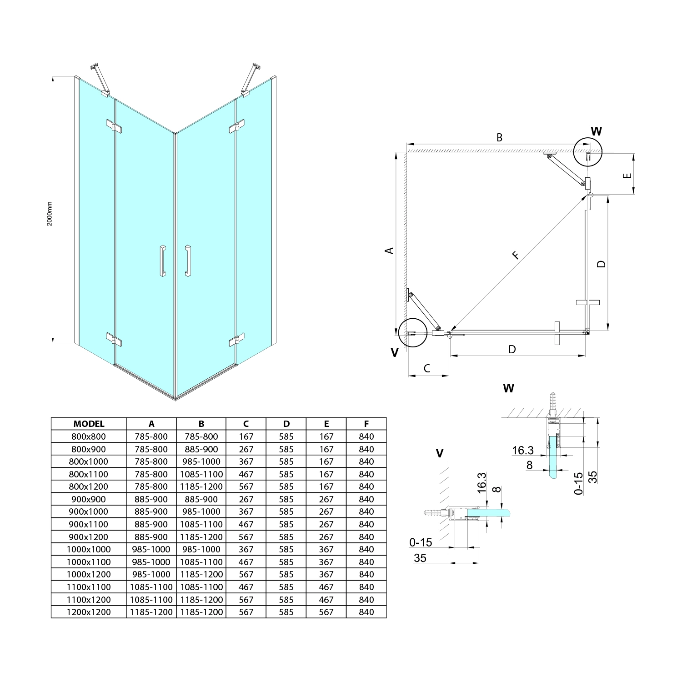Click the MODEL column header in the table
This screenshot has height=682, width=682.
pos(89,424)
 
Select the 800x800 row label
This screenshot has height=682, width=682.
pos(89,436)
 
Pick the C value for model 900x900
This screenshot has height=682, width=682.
pos(246,499)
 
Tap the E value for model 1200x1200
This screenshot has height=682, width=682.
pos(326,612)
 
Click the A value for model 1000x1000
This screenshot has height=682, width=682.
pos(151,549)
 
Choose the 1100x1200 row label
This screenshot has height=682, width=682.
pos(89,599)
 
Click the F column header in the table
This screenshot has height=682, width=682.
pos(366,424)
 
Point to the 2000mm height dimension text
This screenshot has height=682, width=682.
pos(50,214)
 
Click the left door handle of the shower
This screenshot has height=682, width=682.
pos(162,261)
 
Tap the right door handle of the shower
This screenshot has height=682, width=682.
pos(188,261)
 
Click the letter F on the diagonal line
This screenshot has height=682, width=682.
pos(515,255)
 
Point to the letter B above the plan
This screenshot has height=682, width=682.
pos(499,137)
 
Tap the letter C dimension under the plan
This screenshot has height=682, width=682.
pos(427,368)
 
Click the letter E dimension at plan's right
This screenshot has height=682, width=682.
pos(628,176)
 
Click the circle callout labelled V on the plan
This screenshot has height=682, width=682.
pos(411,332)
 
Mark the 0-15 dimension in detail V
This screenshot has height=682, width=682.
pos(421,542)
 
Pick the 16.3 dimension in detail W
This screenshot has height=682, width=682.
pos(522,450)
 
